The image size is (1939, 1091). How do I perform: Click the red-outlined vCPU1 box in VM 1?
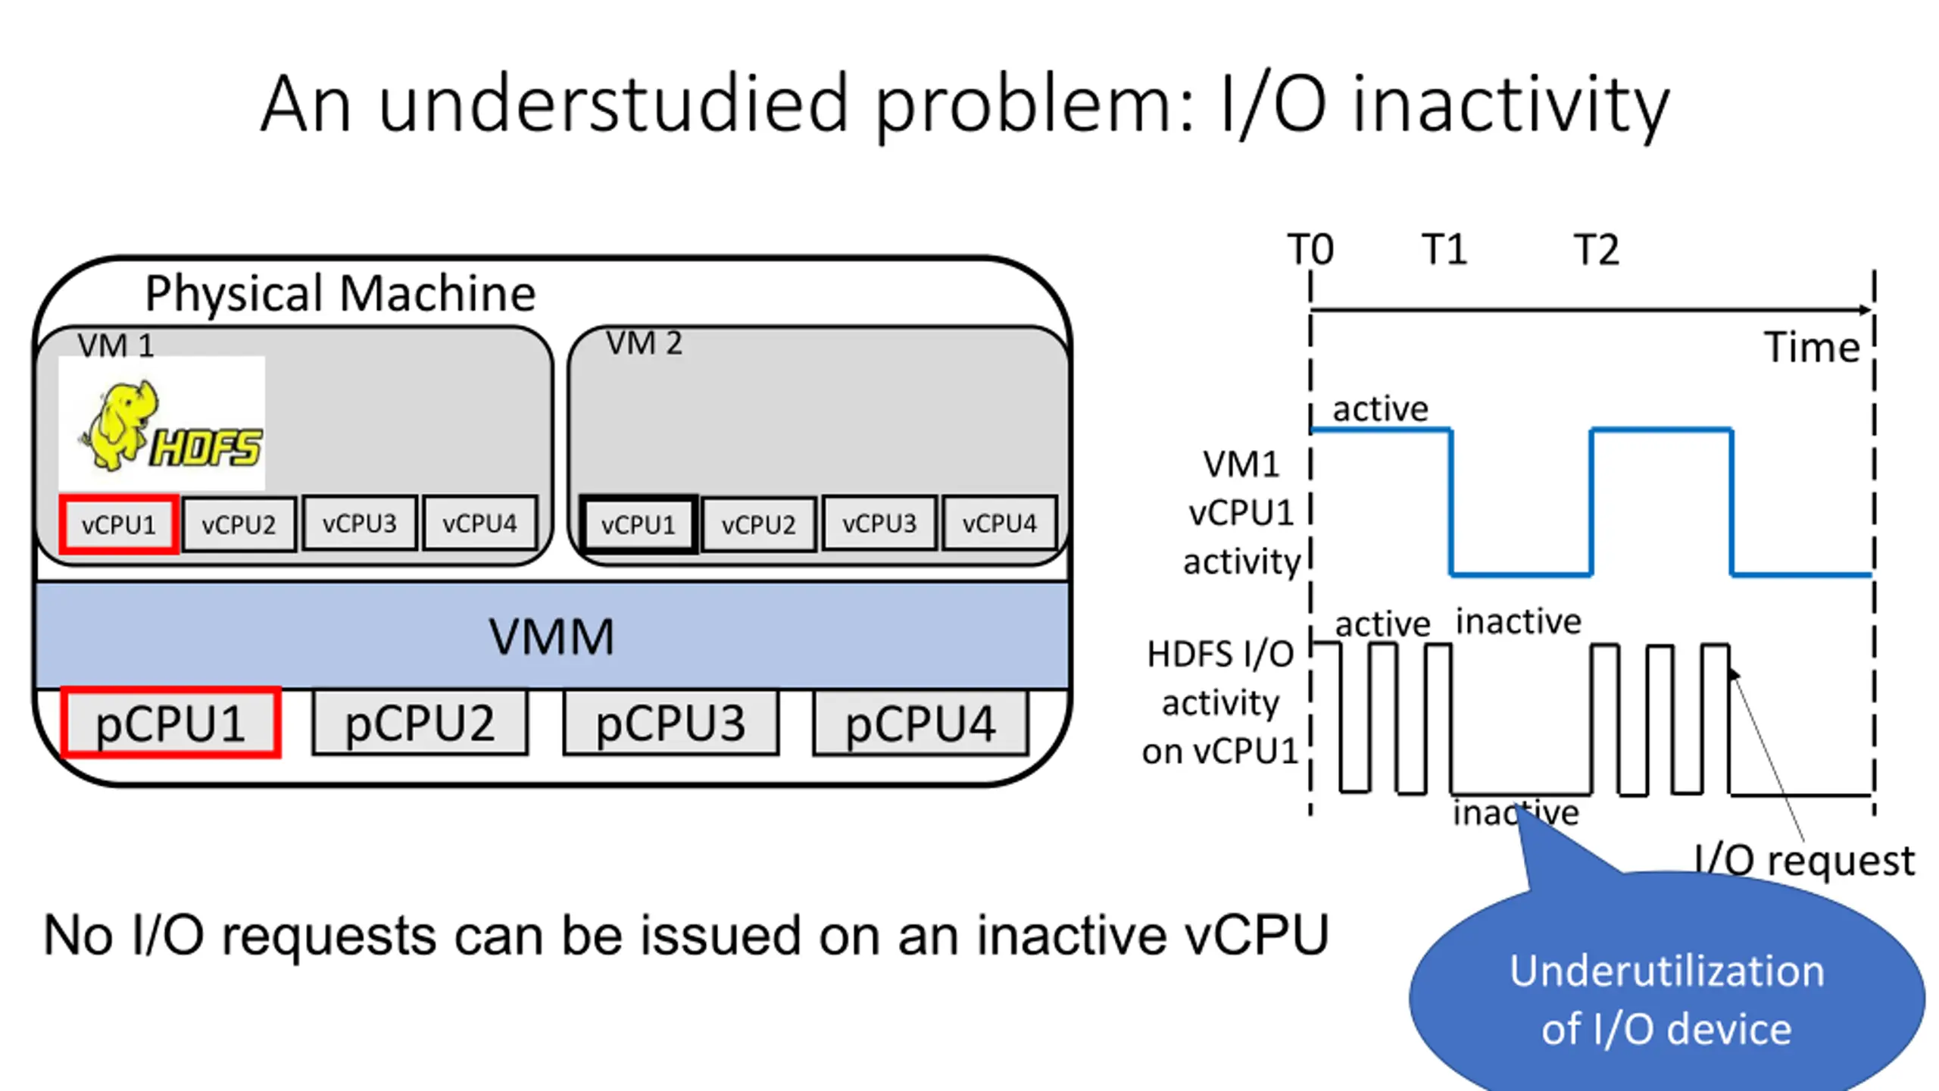(118, 524)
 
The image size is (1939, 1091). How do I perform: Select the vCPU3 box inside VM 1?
(359, 524)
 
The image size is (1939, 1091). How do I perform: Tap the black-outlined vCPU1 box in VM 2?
(638, 524)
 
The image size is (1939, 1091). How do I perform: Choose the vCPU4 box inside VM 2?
(999, 524)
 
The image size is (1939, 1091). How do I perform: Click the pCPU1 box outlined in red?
(170, 723)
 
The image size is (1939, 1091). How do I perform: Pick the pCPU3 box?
(670, 723)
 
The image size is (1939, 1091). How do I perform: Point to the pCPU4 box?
(920, 723)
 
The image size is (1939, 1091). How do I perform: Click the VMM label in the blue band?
(551, 636)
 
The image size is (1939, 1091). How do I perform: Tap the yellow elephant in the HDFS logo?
(121, 424)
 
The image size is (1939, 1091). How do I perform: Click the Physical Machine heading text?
(340, 293)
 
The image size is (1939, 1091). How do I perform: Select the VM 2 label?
(644, 344)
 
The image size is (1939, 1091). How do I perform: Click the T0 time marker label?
(1310, 249)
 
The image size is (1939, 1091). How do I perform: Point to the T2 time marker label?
(1597, 249)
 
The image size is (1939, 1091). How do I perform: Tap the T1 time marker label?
(1444, 249)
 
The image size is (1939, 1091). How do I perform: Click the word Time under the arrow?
(1812, 348)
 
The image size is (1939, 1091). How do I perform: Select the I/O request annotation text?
(1804, 861)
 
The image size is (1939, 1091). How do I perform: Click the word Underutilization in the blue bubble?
(1666, 971)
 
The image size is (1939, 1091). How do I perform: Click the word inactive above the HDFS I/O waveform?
(1518, 622)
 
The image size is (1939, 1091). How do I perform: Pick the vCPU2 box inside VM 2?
(758, 524)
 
